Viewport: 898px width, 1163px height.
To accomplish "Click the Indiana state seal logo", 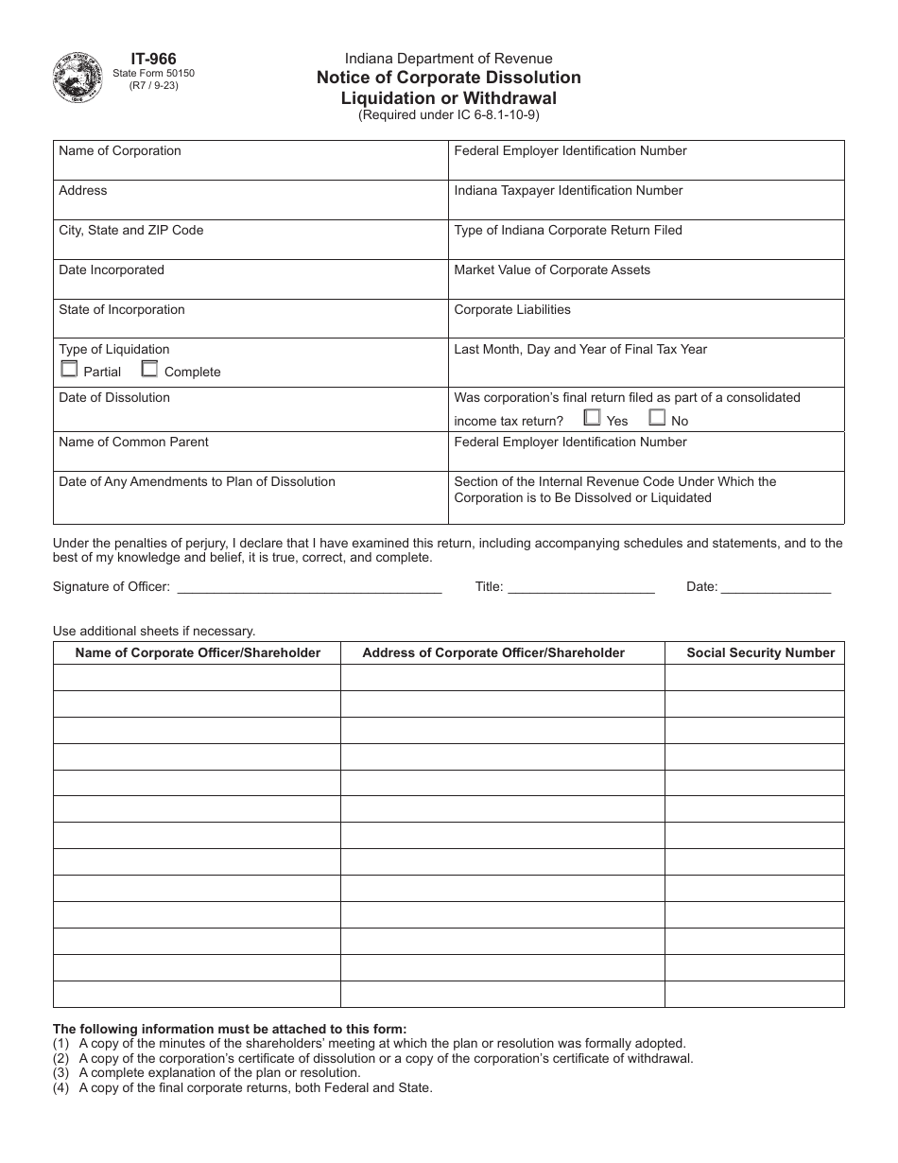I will pyautogui.click(x=79, y=78).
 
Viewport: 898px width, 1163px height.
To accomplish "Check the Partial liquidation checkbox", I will pyautogui.click(x=68, y=370).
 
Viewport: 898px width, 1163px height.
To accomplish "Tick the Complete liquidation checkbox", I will pyautogui.click(x=149, y=370).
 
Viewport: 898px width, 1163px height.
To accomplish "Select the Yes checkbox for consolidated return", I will pyautogui.click(x=592, y=417).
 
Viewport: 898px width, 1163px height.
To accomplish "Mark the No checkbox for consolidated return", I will pyautogui.click(x=657, y=417).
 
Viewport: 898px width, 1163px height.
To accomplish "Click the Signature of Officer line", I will pyautogui.click(x=309, y=587).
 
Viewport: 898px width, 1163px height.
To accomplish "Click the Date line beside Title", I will pyautogui.click(x=775, y=587).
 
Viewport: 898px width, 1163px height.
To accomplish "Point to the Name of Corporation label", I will pyautogui.click(x=120, y=151).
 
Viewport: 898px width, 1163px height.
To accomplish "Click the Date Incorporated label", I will pyautogui.click(x=112, y=270).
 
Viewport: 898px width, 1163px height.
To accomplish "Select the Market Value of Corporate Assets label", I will pyautogui.click(x=552, y=270).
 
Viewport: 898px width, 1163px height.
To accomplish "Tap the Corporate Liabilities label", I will pyautogui.click(x=512, y=310).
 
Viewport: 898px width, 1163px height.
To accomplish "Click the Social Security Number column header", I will pyautogui.click(x=760, y=652).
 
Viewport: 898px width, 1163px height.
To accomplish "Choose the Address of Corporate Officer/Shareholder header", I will pyautogui.click(x=493, y=652).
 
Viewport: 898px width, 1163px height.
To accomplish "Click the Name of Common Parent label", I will pyautogui.click(x=133, y=443).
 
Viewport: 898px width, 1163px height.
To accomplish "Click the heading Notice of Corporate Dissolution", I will pyautogui.click(x=449, y=78).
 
